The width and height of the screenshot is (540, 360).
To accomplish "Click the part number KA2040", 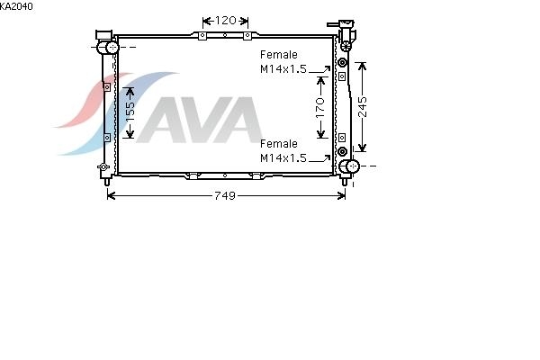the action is coord(16,6).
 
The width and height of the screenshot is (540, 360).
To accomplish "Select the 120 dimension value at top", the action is coord(226,21).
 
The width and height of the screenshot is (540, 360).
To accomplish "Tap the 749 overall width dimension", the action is coord(225,195).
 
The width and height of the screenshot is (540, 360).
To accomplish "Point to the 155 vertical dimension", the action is coord(130,112).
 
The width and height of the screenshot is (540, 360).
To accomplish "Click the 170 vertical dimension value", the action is coord(320,107).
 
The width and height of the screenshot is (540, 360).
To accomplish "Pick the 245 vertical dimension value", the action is coord(363,107).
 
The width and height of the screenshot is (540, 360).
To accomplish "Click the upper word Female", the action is coord(279,54).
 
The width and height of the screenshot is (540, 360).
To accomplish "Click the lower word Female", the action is coord(279,143).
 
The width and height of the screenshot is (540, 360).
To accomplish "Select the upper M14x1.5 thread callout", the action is coord(283,69).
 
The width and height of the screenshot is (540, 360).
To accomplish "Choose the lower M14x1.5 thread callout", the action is coord(283,157).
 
